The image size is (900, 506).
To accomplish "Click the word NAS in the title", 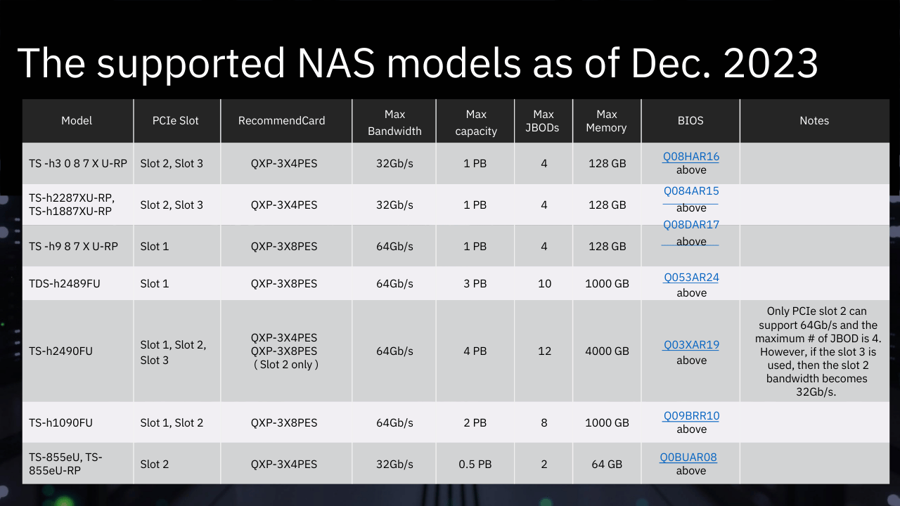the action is [336, 63].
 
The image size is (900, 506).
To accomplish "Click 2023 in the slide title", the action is [771, 63].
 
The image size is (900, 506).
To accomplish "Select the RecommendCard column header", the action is [281, 120].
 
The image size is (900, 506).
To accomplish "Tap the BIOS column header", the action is [690, 120].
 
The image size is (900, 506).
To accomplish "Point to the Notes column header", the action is [814, 120].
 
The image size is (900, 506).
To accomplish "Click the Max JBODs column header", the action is [543, 121].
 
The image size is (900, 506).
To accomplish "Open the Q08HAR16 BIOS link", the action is [690, 156].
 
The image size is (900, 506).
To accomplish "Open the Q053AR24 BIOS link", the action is [691, 277].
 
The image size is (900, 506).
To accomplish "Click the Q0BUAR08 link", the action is [688, 457].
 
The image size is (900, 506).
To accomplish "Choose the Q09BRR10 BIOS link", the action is [691, 415].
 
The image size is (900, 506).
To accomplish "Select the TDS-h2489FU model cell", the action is [64, 283].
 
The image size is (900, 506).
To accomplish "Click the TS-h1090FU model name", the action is [60, 422].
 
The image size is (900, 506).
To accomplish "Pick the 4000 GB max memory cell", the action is [607, 351].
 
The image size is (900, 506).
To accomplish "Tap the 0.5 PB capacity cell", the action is [475, 465].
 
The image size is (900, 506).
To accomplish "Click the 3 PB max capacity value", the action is [475, 283].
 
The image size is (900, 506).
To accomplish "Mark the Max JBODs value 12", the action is [544, 351].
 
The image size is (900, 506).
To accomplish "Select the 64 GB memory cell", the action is [607, 465].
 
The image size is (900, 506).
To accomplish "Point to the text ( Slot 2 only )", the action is [285, 365].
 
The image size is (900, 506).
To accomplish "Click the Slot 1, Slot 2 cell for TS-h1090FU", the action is [172, 422].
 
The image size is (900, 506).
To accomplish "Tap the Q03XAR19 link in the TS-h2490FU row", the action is [691, 344].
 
